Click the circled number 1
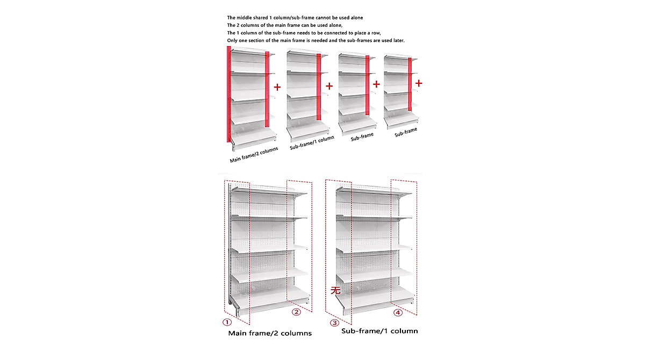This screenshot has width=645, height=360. click(x=227, y=322)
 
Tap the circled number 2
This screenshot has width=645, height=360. click(x=296, y=312)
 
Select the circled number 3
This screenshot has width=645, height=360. click(x=334, y=322)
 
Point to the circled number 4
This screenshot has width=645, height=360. click(x=398, y=312)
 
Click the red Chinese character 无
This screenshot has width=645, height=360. click(x=335, y=290)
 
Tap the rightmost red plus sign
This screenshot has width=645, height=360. click(x=419, y=83)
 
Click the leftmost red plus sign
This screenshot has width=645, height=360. click(x=277, y=87)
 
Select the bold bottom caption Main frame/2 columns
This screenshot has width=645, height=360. click(x=270, y=333)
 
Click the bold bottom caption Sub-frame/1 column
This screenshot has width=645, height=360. click(x=379, y=331)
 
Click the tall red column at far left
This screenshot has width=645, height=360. click(x=229, y=94)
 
